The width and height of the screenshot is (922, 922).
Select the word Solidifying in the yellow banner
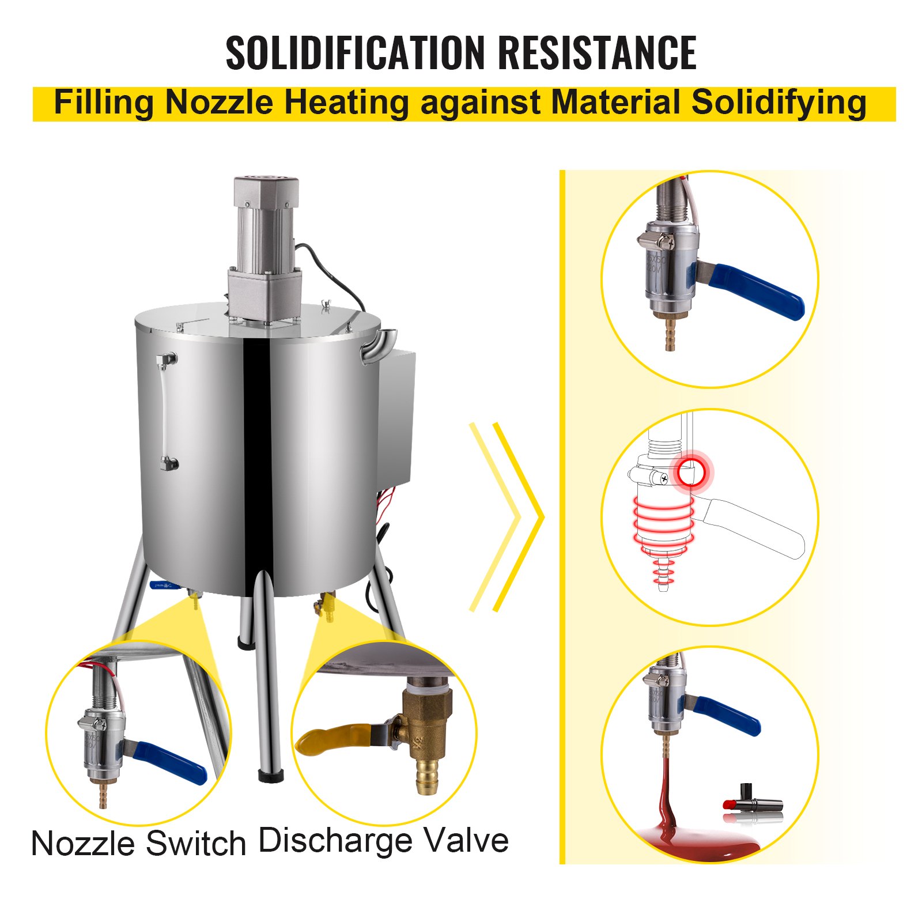779,103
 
